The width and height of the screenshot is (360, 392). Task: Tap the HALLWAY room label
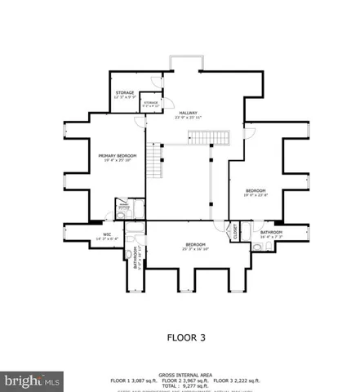click(x=189, y=114)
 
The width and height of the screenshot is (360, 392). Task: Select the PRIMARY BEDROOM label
click(x=118, y=155)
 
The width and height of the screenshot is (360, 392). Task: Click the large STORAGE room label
click(x=124, y=93)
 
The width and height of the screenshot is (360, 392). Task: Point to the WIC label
click(x=106, y=234)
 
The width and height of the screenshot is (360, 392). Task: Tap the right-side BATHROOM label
click(x=271, y=232)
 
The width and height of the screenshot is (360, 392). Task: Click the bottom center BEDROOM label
click(x=194, y=244)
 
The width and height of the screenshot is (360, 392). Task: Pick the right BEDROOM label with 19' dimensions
click(x=256, y=191)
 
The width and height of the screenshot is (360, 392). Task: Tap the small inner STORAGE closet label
click(x=152, y=104)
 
